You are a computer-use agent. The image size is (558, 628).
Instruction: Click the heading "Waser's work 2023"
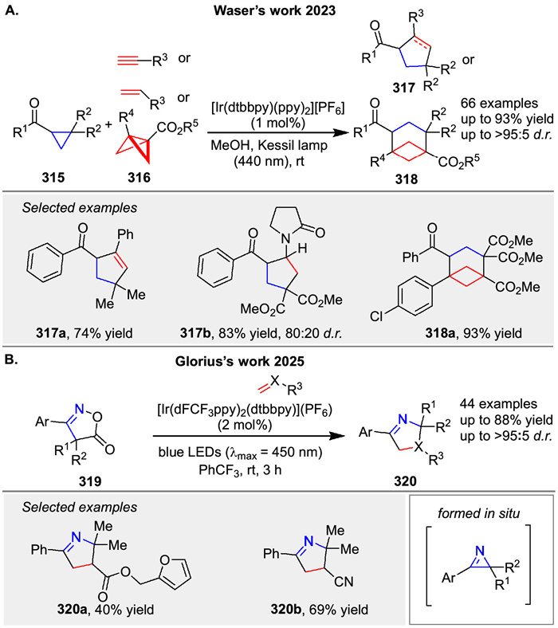278,12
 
